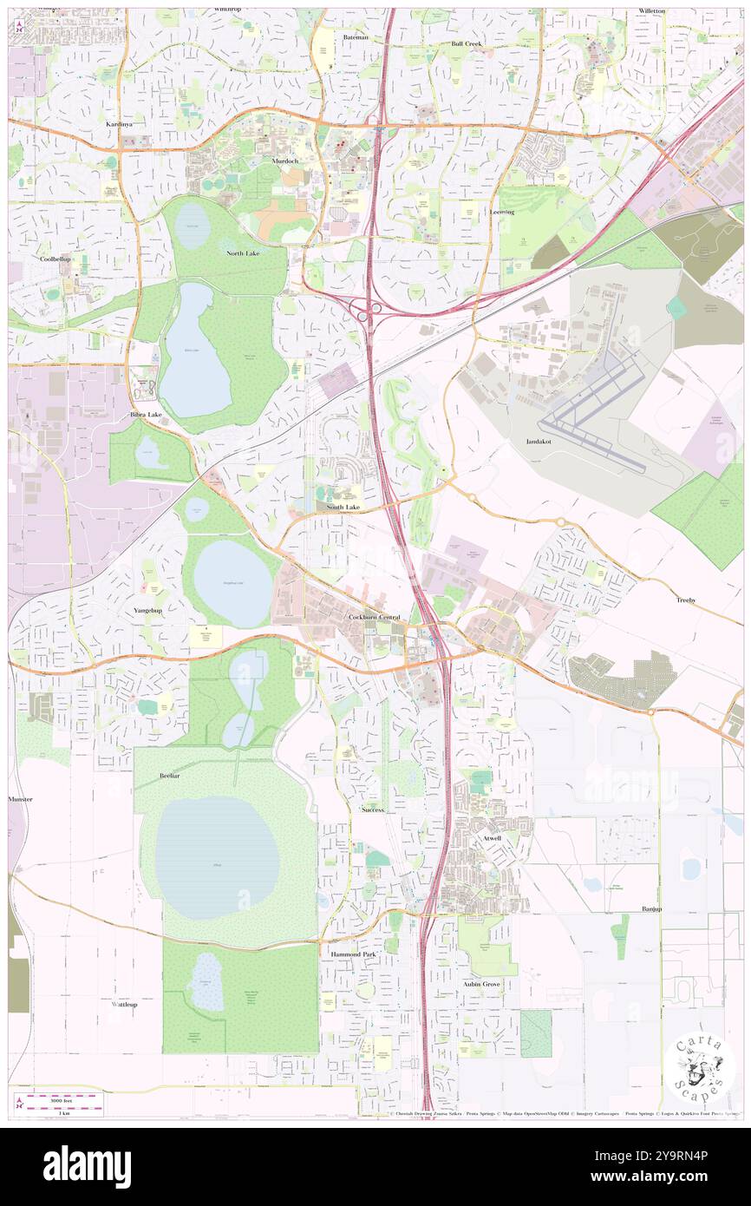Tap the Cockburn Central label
pos(374,617)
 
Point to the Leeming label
pos(501,212)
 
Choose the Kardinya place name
pos(119,124)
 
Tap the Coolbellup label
pos(55,259)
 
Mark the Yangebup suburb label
pos(147,610)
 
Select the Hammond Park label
pos(353,954)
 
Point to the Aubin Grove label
pos(481,984)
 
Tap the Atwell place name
pos(492,840)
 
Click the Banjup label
pos(652,908)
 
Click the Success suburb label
pos(373,809)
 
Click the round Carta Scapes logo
pos(701,1069)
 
